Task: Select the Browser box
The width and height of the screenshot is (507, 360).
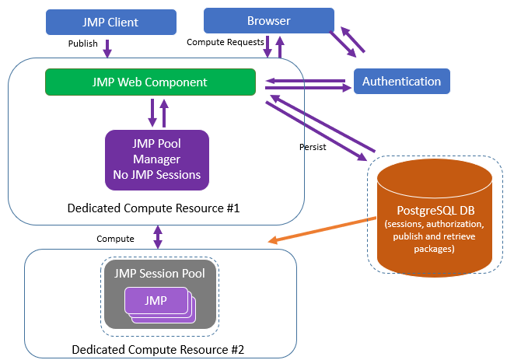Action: coord(268,21)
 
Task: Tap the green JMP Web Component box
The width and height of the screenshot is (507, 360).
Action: coord(150,82)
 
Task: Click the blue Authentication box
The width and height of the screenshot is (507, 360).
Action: coord(401,81)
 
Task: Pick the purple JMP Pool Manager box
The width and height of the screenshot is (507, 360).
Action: coord(157,159)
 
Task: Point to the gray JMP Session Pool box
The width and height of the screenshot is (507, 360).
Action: coord(159,291)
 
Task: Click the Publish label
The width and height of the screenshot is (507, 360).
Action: coord(82,44)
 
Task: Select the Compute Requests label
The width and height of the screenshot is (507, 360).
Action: coord(223,42)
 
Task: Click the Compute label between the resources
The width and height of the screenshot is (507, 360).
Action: coord(115,238)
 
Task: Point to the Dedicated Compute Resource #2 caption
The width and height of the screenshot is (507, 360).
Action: coord(158,349)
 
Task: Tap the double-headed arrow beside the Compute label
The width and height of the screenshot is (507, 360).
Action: coord(158,236)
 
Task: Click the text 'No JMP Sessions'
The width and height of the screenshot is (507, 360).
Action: coord(157,175)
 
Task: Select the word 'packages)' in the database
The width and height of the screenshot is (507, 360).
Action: coord(434,249)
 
